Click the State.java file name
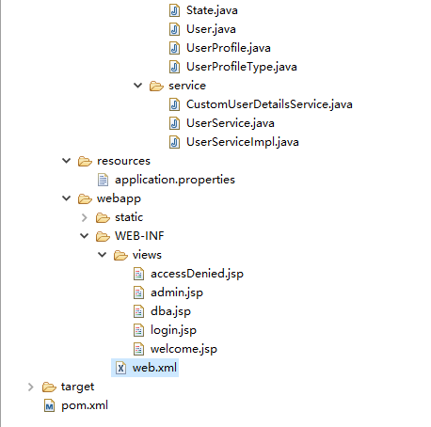pyautogui.click(x=212, y=10)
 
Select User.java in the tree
pyautogui.click(x=211, y=29)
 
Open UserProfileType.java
pyautogui.click(x=242, y=67)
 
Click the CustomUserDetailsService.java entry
pyautogui.click(x=269, y=104)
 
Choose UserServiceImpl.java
pyautogui.click(x=243, y=142)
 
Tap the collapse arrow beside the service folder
pyautogui.click(x=138, y=86)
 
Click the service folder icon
pyautogui.click(x=156, y=86)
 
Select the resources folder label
pyautogui.click(x=123, y=161)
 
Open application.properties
pyautogui.click(x=175, y=180)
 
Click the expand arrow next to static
pyautogui.click(x=84, y=217)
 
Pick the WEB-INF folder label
pyautogui.click(x=139, y=236)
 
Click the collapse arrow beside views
pyautogui.click(x=103, y=255)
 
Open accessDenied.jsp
pyautogui.click(x=197, y=274)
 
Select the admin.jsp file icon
pyautogui.click(x=138, y=293)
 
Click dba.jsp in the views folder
pyautogui.click(x=170, y=311)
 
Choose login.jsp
pyautogui.click(x=173, y=330)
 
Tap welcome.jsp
pyautogui.click(x=184, y=349)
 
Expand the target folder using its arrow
pyautogui.click(x=30, y=387)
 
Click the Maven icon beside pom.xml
pyautogui.click(x=49, y=405)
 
